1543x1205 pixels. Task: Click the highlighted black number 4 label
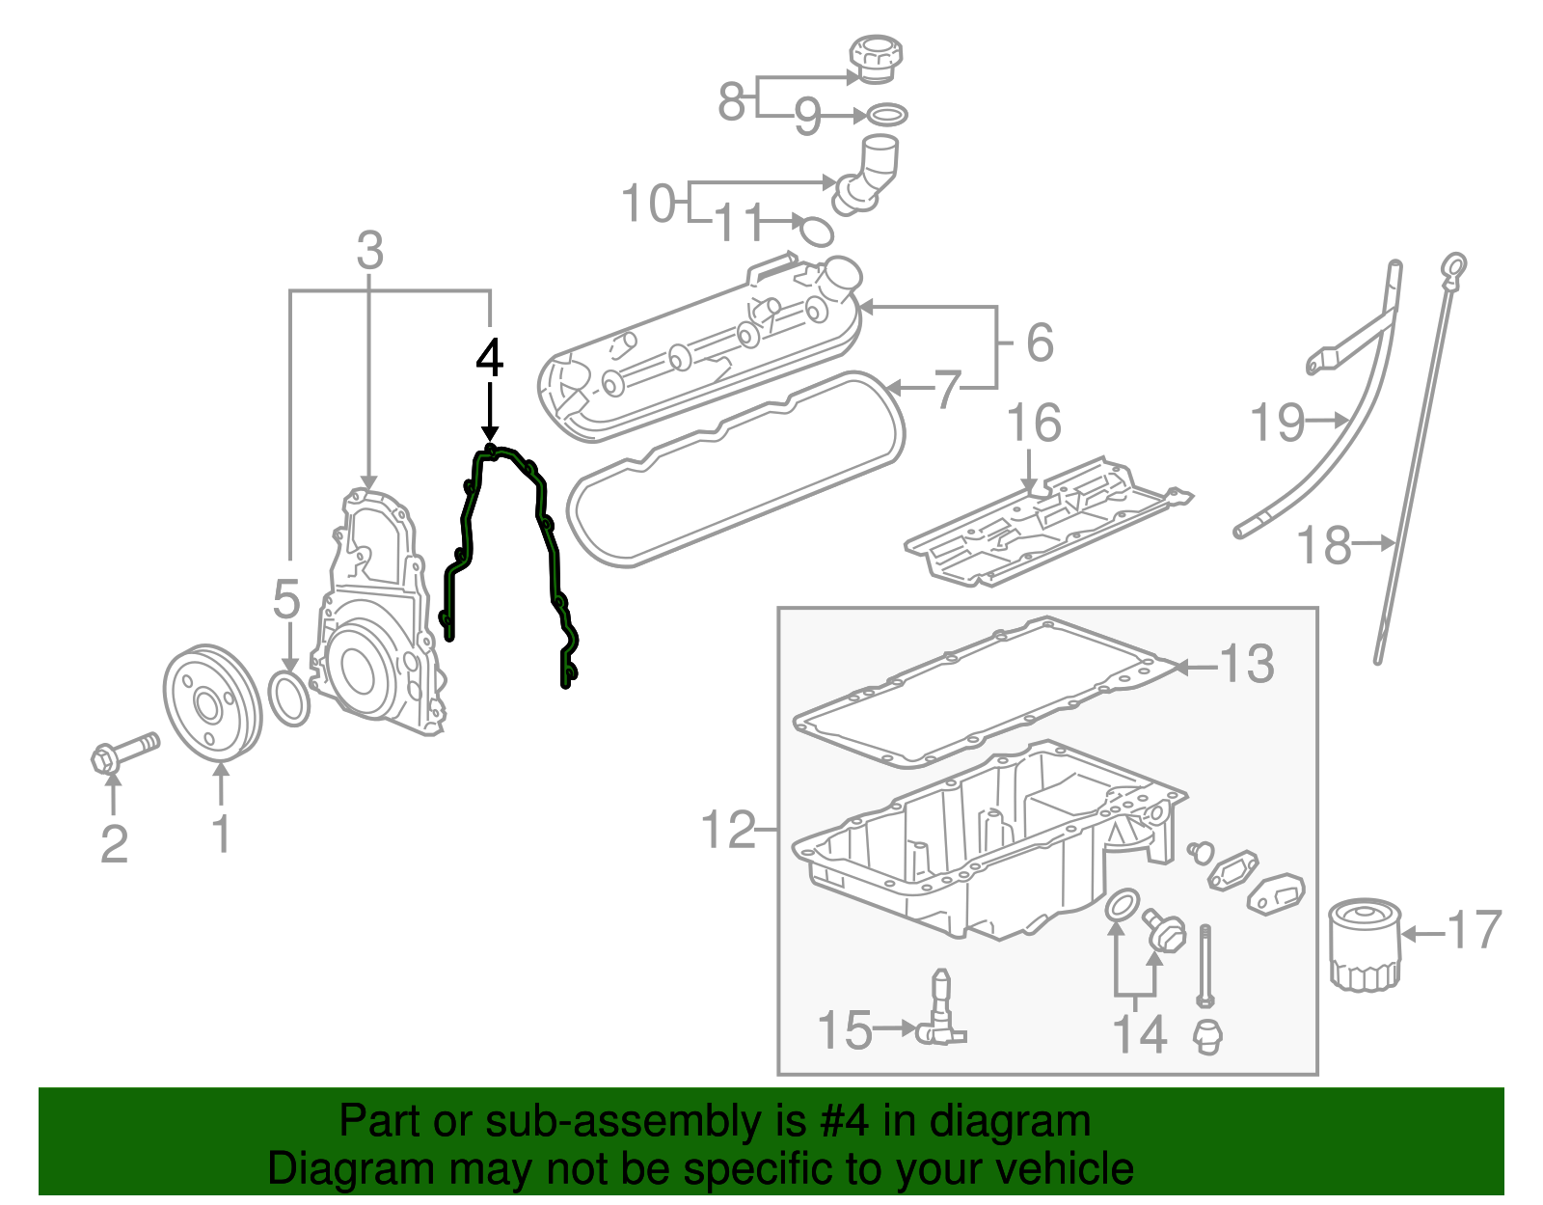[x=490, y=358]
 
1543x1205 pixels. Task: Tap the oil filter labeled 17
[x=1364, y=944]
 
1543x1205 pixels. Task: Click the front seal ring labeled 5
[x=288, y=700]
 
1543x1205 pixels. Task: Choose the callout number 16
[x=1034, y=424]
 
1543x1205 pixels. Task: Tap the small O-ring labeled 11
[x=816, y=231]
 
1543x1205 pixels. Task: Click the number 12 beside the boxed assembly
[x=728, y=830]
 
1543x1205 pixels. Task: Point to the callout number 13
[x=1247, y=665]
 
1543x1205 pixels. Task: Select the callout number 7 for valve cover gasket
[x=948, y=390]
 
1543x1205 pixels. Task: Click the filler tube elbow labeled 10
[x=868, y=174]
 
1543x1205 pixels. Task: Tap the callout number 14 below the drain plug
[x=1140, y=1033]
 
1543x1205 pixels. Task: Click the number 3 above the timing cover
[x=370, y=252]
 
